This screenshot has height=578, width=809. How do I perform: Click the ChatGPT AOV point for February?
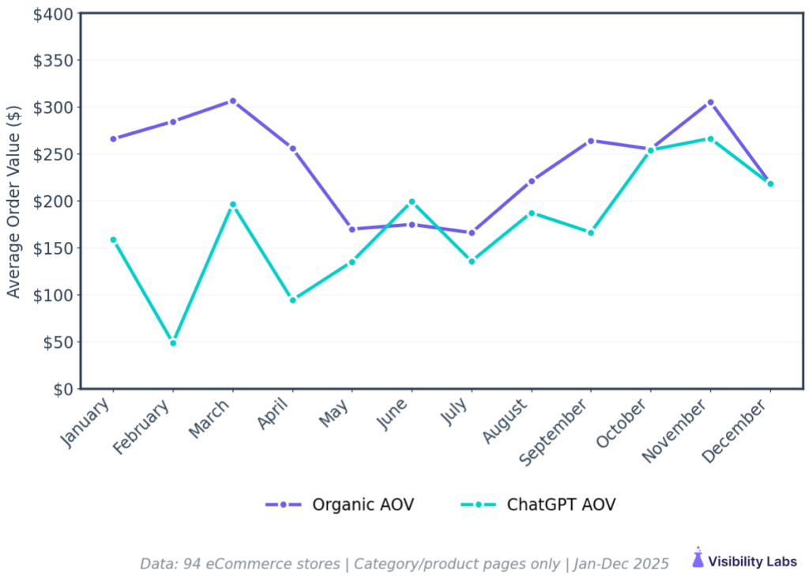173,342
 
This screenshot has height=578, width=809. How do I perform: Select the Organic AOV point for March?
232,101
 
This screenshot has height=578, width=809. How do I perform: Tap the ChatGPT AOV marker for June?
412,202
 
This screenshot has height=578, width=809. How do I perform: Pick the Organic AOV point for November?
710,103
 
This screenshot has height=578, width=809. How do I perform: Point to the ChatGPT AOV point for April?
292,300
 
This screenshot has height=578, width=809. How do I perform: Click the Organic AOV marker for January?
113,139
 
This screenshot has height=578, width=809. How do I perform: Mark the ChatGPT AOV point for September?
591,232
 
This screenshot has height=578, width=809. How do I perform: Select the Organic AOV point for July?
472,233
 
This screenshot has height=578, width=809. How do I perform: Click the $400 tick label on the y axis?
54,14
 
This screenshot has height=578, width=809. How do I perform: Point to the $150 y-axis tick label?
54,248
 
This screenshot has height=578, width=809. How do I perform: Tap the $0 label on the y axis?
62,389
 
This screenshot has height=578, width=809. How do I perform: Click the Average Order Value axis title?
13,202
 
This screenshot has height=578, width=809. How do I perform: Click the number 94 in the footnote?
192,564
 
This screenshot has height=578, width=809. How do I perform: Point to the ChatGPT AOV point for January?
113,240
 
